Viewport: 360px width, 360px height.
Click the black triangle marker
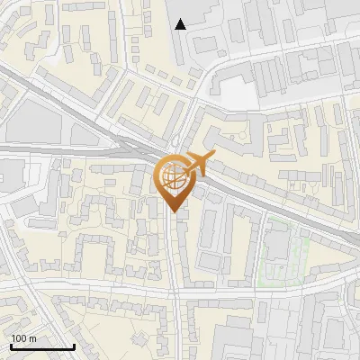tap(181, 24)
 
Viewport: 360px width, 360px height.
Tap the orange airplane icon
tap(198, 165)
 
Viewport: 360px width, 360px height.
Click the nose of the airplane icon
tap(214, 157)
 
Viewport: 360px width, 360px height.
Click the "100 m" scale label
tap(23, 338)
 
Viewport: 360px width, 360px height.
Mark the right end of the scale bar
tap(74, 346)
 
